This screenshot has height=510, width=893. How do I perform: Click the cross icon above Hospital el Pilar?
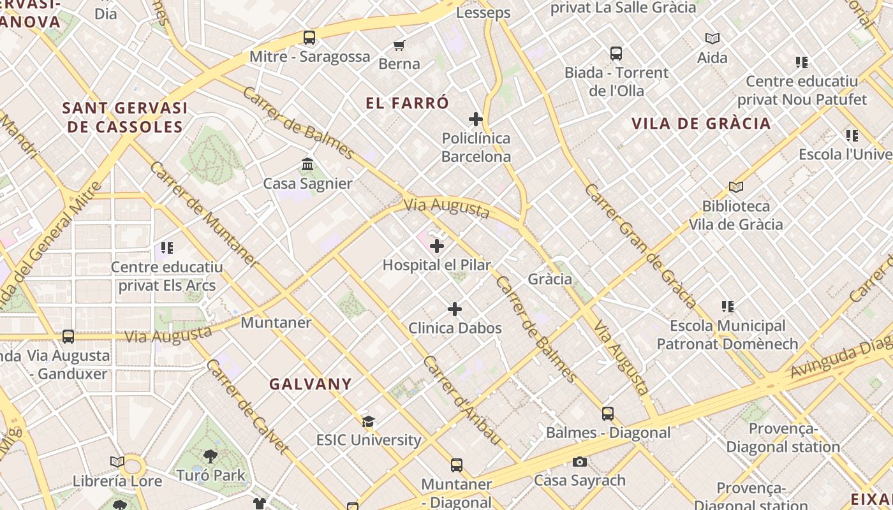pos(437,246)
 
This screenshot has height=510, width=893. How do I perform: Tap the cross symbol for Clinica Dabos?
pos(455,309)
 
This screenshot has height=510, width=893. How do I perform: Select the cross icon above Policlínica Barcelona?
pos(476,119)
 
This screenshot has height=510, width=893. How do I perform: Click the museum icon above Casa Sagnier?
pos(307,164)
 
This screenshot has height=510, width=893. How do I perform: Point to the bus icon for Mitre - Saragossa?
pos(309,38)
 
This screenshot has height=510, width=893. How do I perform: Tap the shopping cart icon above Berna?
pos(399,45)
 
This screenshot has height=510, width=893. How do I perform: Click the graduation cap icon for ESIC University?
pos(369,421)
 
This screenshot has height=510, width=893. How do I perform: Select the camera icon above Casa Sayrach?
pos(580,462)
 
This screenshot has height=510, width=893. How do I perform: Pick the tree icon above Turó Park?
pos(210,456)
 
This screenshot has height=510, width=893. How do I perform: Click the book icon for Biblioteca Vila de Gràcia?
pos(736,187)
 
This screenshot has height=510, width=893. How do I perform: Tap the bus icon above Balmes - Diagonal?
pos(608,414)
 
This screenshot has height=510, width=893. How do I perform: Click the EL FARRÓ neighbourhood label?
pos(408,103)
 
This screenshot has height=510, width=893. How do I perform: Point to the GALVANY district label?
pos(310,384)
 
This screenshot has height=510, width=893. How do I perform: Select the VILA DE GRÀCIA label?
pos(701,124)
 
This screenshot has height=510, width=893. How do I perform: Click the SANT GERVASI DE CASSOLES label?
pos(125,117)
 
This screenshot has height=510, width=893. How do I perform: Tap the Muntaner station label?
pos(276,323)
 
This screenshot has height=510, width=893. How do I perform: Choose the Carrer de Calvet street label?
pos(247,407)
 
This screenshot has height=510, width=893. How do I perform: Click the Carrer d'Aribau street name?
pos(462,400)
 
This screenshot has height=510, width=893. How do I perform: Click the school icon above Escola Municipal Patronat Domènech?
pos(728,307)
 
